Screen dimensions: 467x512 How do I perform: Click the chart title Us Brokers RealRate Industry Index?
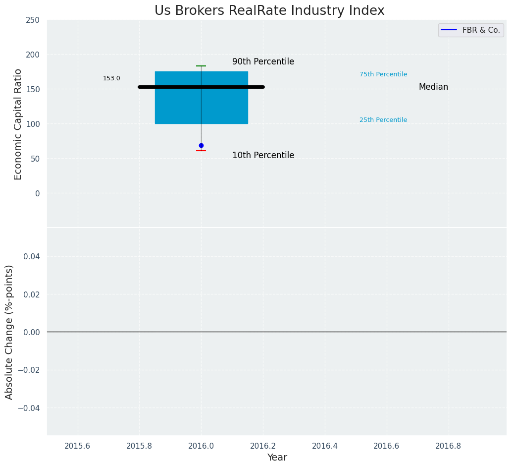pos(269,11)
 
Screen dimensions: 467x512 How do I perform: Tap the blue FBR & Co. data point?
pos(201,145)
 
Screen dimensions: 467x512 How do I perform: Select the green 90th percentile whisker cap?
pos(201,66)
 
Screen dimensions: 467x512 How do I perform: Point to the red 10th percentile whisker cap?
pos(201,150)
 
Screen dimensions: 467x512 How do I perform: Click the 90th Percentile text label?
pos(263,62)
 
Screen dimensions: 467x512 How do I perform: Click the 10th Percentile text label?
pos(263,156)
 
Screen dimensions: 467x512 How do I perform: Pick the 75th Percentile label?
pos(383,74)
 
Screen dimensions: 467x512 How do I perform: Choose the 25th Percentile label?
pos(383,120)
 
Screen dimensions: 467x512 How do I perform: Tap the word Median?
pos(433,87)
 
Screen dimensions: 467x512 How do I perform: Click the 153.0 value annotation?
pos(111,78)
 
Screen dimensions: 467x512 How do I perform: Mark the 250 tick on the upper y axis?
pos(33,20)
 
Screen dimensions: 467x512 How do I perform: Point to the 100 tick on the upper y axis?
pos(33,124)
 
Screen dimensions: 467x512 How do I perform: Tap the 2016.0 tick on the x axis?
pos(201,446)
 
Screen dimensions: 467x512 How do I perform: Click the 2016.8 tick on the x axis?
pos(448,446)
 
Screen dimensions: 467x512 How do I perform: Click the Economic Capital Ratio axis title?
pos(18,124)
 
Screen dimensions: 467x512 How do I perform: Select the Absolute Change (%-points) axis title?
pos(9,332)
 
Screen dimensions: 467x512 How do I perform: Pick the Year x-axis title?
pos(277,458)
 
